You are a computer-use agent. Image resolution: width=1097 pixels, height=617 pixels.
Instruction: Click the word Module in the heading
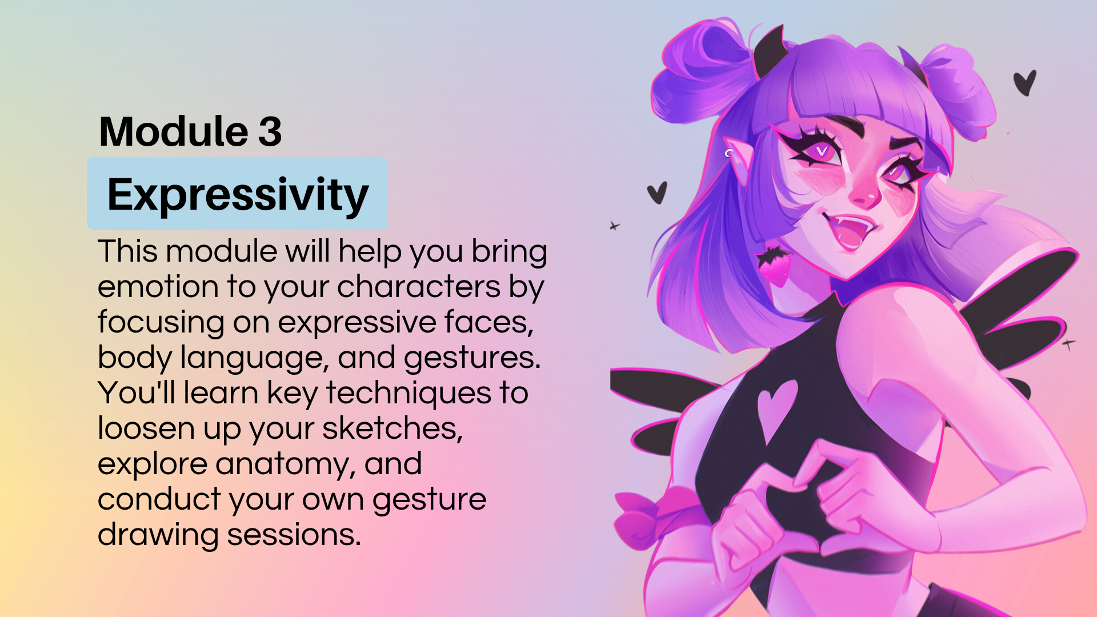[x=174, y=131]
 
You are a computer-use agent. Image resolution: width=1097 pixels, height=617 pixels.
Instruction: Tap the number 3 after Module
[x=270, y=131]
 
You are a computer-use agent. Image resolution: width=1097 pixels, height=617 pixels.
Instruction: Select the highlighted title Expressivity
[x=238, y=195]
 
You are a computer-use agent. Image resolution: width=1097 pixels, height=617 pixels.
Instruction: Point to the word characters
[x=419, y=286]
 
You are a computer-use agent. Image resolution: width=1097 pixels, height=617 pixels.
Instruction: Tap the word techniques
[x=409, y=393]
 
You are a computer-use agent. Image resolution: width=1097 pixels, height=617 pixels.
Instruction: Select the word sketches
[x=393, y=428]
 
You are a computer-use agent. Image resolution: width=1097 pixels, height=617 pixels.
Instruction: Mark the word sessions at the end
[x=294, y=535]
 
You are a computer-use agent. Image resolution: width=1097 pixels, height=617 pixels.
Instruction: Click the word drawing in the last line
[x=158, y=536]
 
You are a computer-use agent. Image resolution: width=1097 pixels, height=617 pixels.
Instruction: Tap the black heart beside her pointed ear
[x=657, y=193]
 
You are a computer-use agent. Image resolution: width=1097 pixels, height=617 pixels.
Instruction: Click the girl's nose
[x=864, y=194]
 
